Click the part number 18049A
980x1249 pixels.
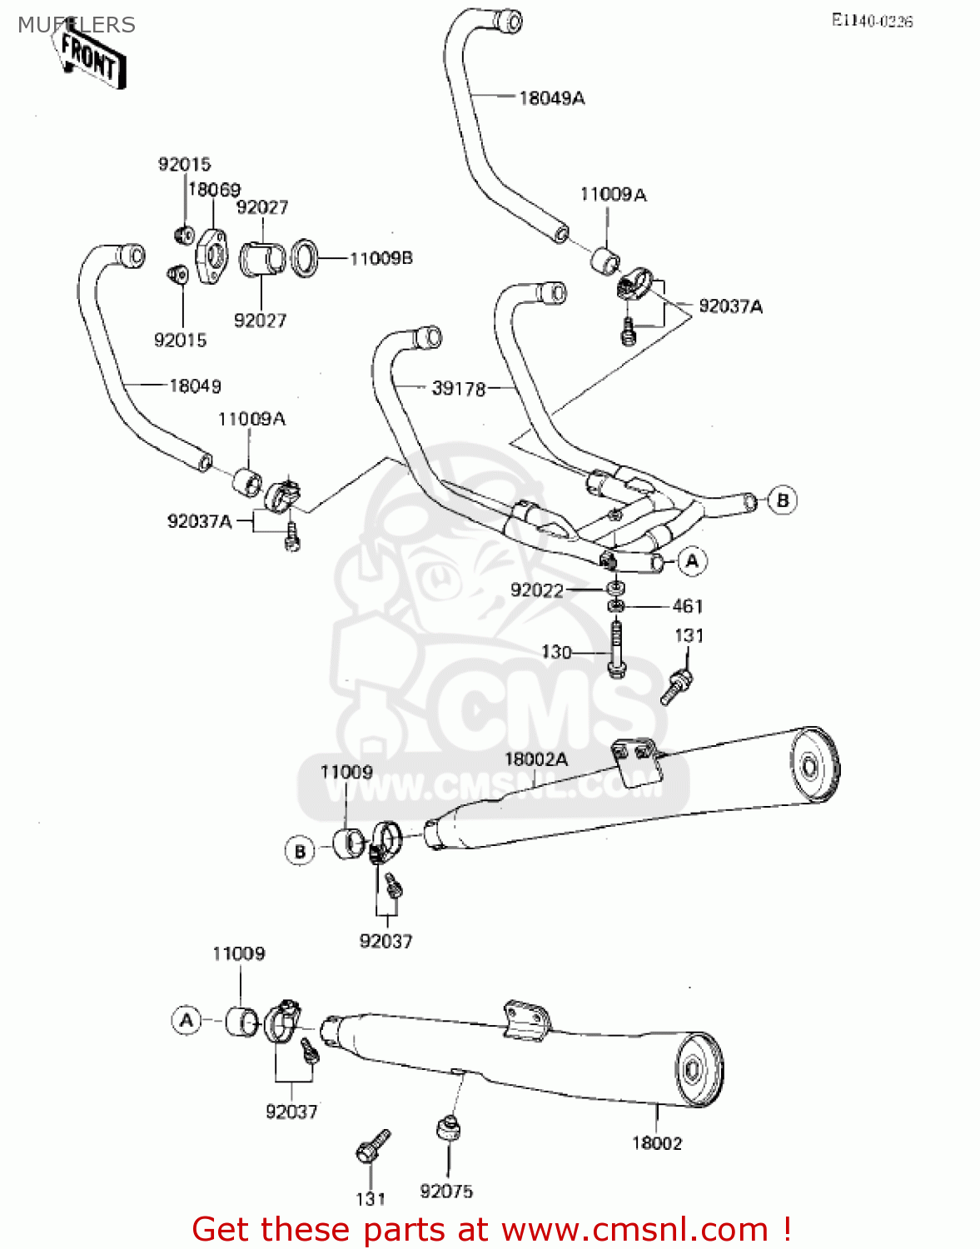tap(551, 98)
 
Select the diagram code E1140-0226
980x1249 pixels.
tap(872, 22)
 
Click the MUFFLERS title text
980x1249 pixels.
tap(76, 25)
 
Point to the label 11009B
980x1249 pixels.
tap(381, 259)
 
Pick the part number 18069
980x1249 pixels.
tap(214, 190)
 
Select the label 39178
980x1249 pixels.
tap(458, 388)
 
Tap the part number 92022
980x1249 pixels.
tap(536, 590)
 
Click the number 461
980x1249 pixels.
tap(687, 606)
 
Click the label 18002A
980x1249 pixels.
tap(536, 759)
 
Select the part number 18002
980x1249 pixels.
tap(656, 1143)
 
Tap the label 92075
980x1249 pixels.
tap(446, 1192)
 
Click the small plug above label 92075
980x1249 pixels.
tap(449, 1129)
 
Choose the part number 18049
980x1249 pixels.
tap(195, 386)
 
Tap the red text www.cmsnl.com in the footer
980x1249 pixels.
tap(634, 1230)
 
